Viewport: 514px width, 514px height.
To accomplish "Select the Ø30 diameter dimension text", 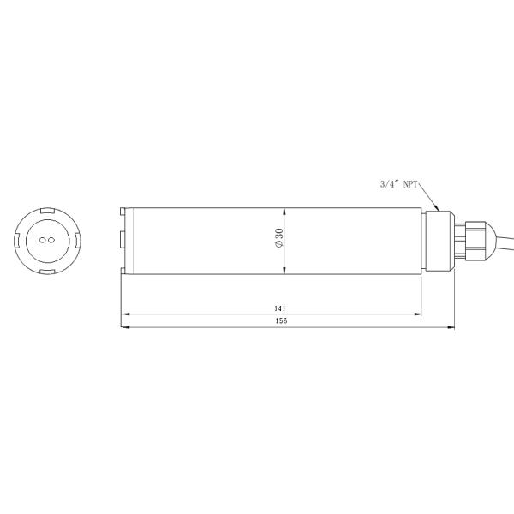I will pos(278,240).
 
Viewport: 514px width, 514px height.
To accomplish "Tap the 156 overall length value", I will pos(280,321).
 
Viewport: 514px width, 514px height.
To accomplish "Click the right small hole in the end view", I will pos(51,241).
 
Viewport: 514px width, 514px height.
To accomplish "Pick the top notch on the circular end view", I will pos(47,212).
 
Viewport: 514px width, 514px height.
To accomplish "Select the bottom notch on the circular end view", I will pos(47,270).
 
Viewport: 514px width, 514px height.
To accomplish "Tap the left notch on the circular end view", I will pos(18,241).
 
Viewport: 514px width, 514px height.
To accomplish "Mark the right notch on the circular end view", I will pos(76,241).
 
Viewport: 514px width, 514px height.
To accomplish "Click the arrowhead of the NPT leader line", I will pos(437,208).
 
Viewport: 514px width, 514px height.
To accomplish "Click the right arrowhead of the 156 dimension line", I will pos(451,327).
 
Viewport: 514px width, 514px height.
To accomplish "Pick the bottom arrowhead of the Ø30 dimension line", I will pos(285,272).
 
